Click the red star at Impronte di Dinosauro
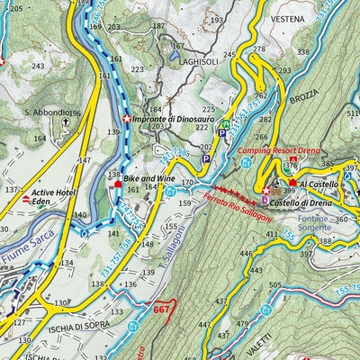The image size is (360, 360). (x=126, y=119)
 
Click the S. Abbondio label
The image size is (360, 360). (x=49, y=112)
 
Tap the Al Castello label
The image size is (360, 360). (x=319, y=184)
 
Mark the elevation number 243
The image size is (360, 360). (x=37, y=67)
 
